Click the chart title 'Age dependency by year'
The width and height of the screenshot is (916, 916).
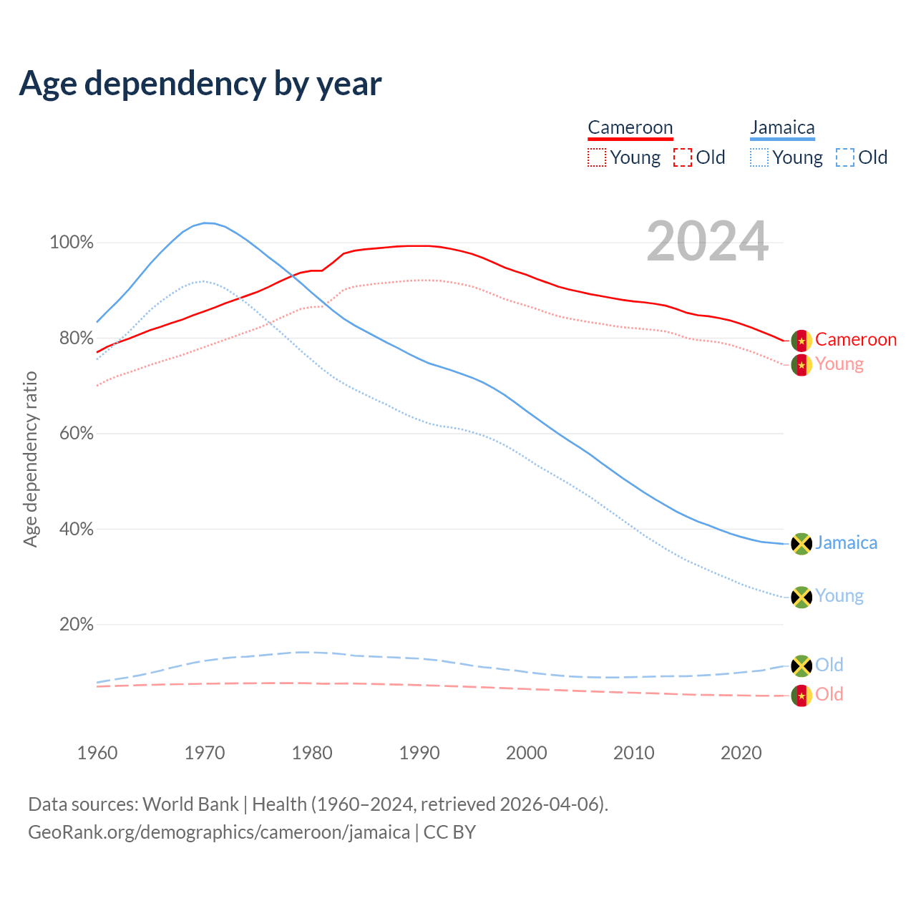200,84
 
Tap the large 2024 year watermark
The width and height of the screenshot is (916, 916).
707,242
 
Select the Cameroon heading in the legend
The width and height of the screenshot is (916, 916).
630,128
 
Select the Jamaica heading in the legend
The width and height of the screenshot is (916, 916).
782,128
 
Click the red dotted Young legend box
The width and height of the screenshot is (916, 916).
597,157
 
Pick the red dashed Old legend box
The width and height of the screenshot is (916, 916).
683,157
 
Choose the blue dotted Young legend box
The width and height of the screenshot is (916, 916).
759,157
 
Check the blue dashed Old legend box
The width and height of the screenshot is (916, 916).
845,157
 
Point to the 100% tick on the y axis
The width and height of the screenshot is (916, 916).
72,243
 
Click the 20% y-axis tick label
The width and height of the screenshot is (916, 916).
76,625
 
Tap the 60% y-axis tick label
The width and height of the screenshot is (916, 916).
76,434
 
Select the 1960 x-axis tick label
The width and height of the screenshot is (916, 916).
97,753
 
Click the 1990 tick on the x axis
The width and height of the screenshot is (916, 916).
419,753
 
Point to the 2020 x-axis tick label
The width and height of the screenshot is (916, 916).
741,753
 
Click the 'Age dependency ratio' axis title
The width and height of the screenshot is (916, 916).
30,459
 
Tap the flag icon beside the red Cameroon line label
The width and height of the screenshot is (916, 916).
801,341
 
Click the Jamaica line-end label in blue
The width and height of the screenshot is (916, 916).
846,543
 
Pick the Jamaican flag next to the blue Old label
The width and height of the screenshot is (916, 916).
801,666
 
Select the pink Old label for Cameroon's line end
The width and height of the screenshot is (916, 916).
829,695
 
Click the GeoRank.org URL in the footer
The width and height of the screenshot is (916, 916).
219,832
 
